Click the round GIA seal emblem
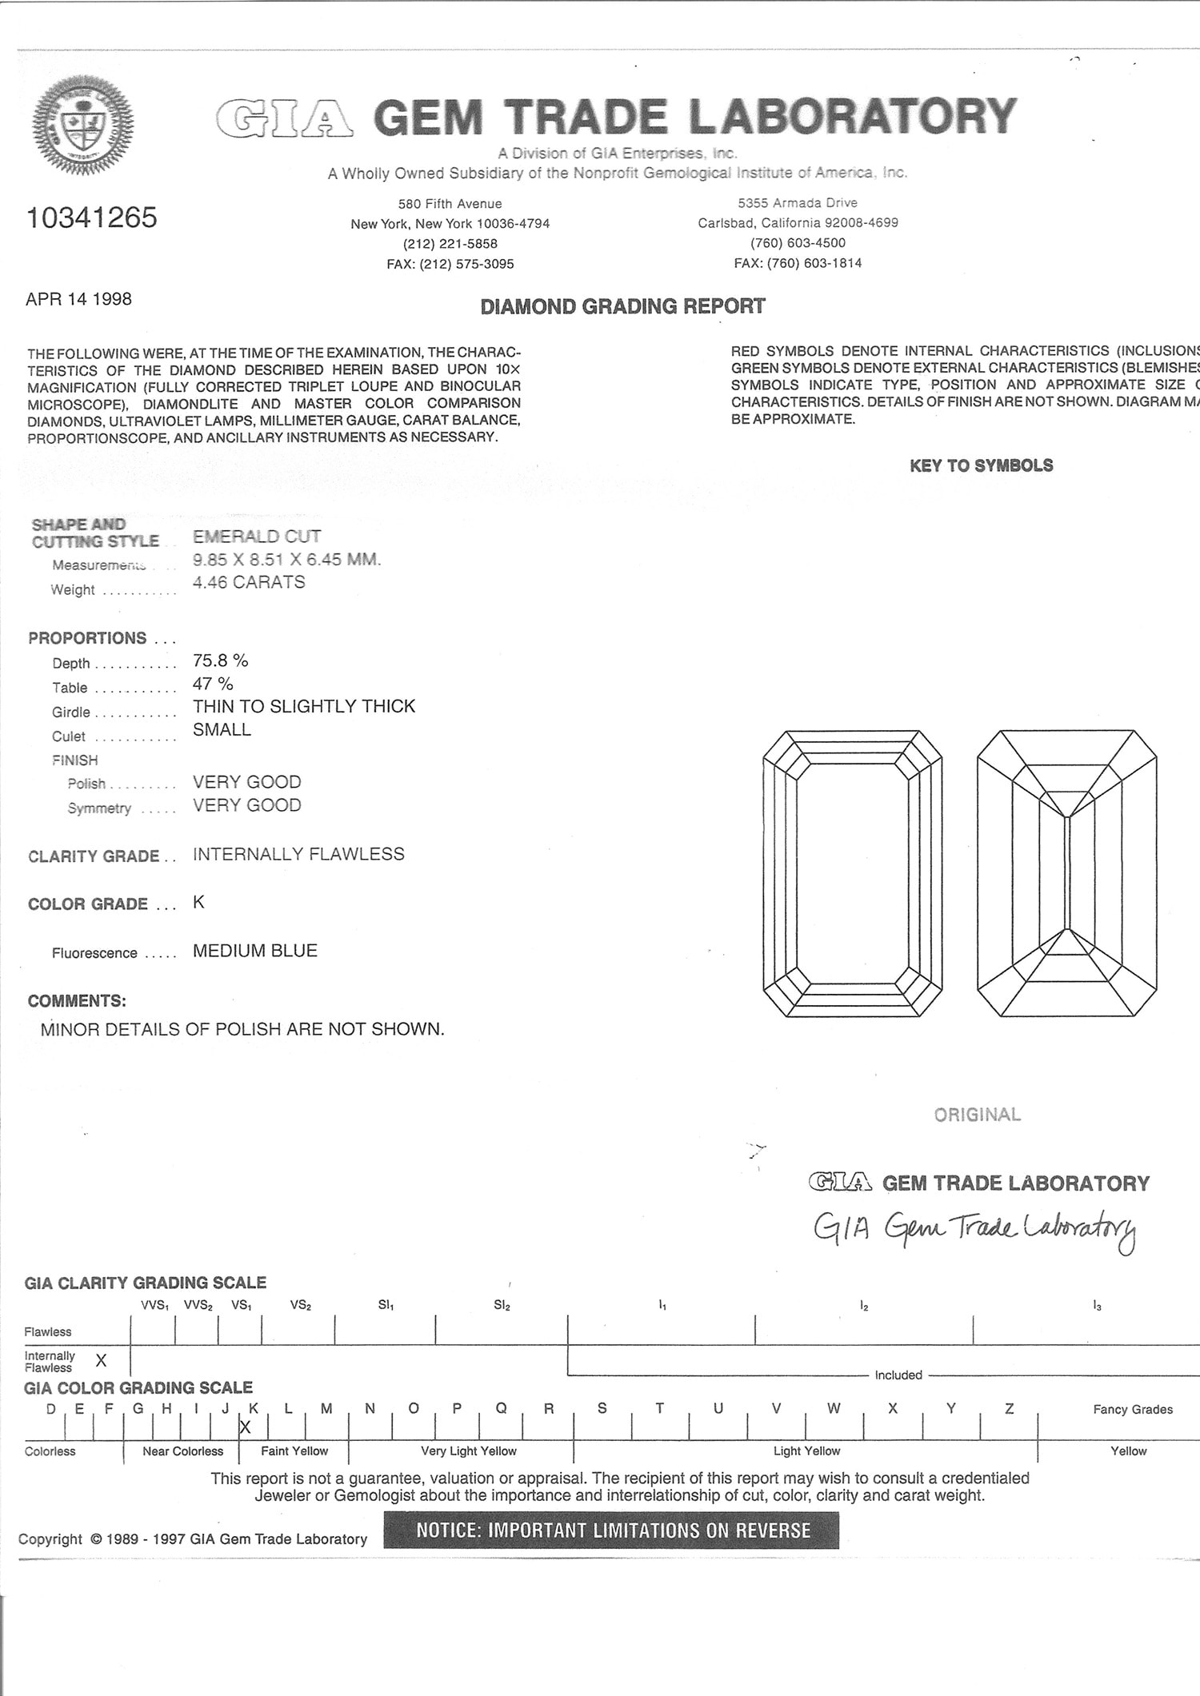[82, 126]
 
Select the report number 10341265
[92, 217]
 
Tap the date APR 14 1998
[78, 299]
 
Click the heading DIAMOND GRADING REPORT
[622, 306]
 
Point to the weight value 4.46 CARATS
[249, 582]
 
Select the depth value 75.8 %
[220, 660]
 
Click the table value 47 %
[213, 684]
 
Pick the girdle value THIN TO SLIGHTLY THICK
[304, 706]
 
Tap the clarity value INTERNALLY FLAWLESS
[298, 854]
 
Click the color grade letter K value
[198, 902]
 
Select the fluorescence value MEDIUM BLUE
[255, 951]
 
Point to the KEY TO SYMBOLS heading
[981, 465]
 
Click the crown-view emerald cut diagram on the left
[853, 873]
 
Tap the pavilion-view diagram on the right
[1067, 873]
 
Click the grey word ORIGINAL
[977, 1115]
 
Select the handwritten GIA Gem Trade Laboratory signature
[974, 1231]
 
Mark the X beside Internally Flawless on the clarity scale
[101, 1360]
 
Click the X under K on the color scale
[246, 1427]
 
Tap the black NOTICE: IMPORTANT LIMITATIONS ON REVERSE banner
[611, 1530]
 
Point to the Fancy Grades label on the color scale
[1132, 1409]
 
